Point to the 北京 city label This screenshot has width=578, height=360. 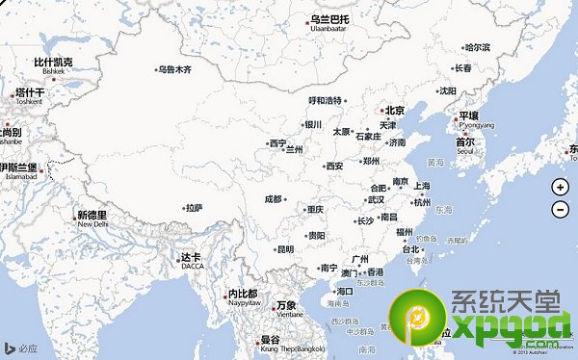pyautogui.click(x=393, y=111)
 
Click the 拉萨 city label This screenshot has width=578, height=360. pyautogui.click(x=195, y=207)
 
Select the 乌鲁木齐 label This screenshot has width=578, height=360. pyautogui.click(x=174, y=70)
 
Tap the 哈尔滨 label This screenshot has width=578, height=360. pyautogui.click(x=477, y=47)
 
